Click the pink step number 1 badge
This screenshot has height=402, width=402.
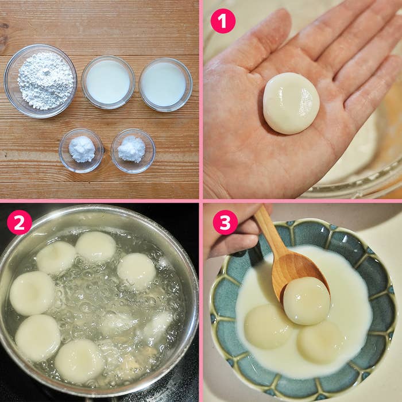click(223, 21)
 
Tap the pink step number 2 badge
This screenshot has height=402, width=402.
click(20, 222)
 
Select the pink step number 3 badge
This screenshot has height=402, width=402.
click(225, 222)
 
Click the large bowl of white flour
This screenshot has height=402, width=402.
click(40, 81)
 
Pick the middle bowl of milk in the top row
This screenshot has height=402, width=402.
click(108, 82)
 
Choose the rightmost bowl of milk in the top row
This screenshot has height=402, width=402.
click(165, 84)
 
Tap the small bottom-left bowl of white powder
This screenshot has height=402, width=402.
click(81, 150)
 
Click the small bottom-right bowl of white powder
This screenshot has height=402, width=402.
click(133, 150)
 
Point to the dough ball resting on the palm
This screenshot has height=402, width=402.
click(291, 103)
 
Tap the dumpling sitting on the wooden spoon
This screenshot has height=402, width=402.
click(306, 301)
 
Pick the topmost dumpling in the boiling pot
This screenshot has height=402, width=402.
click(96, 248)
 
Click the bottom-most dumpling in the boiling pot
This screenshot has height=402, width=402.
click(79, 361)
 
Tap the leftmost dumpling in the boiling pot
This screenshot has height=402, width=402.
click(32, 293)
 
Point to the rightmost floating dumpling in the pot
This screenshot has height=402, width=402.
click(137, 272)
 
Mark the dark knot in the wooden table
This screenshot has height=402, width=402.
click(3, 38)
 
